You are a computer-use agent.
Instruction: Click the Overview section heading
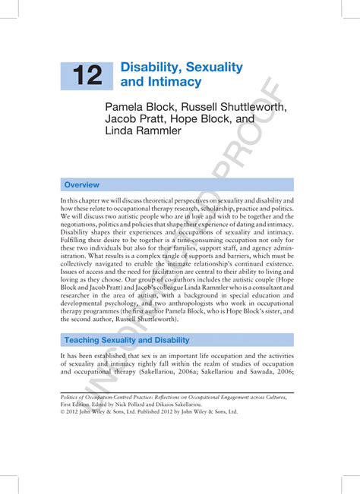click(81, 184)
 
